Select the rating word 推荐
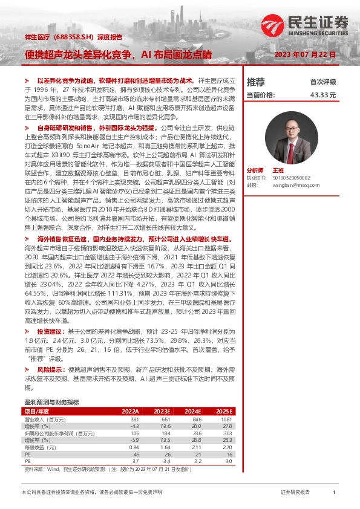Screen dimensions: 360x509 (x=256, y=82)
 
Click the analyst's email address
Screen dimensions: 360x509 (x=290, y=185)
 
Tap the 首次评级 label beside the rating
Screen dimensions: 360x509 (x=323, y=82)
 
